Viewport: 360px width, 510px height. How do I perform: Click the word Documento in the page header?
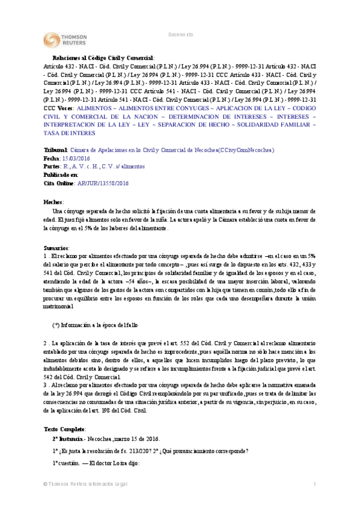coord(180,35)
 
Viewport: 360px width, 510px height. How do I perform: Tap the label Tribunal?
coord(56,149)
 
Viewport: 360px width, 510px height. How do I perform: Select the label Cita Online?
coord(60,183)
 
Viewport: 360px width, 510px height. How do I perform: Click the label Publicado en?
coord(61,174)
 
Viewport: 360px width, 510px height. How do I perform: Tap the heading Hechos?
coord(54,202)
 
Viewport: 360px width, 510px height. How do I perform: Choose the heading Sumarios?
coord(56,248)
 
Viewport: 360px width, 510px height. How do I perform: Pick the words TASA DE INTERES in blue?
coord(72,132)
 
